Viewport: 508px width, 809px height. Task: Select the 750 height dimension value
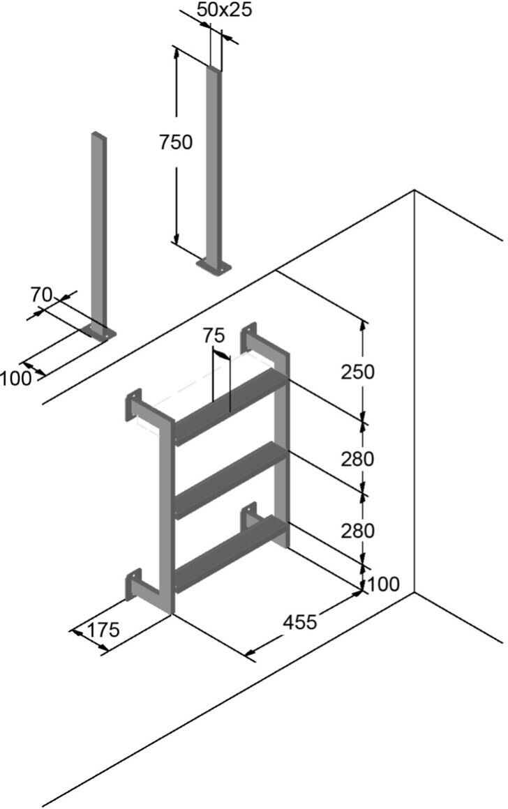pyautogui.click(x=175, y=142)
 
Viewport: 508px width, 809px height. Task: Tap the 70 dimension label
pyautogui.click(x=41, y=294)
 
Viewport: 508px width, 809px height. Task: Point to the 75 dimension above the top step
pyautogui.click(x=214, y=335)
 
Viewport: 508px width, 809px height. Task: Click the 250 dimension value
pyautogui.click(x=357, y=372)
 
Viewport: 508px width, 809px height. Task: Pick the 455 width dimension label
pyautogui.click(x=300, y=621)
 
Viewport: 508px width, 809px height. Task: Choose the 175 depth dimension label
pyautogui.click(x=103, y=630)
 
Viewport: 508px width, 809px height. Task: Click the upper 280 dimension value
pyautogui.click(x=357, y=459)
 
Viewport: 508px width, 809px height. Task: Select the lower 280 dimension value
pyautogui.click(x=357, y=531)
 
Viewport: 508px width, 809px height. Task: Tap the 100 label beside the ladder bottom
pyautogui.click(x=383, y=583)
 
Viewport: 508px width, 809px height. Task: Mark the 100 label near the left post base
pyautogui.click(x=15, y=379)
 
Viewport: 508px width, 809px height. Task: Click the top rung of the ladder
pyautogui.click(x=230, y=404)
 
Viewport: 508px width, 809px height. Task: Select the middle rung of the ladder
pyautogui.click(x=230, y=478)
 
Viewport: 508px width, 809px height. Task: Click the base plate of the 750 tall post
pyautogui.click(x=214, y=266)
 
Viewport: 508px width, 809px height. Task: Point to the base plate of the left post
pyautogui.click(x=98, y=333)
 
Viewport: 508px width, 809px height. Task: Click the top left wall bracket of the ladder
pyautogui.click(x=133, y=405)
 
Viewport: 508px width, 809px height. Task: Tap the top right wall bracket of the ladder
pyautogui.click(x=249, y=339)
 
